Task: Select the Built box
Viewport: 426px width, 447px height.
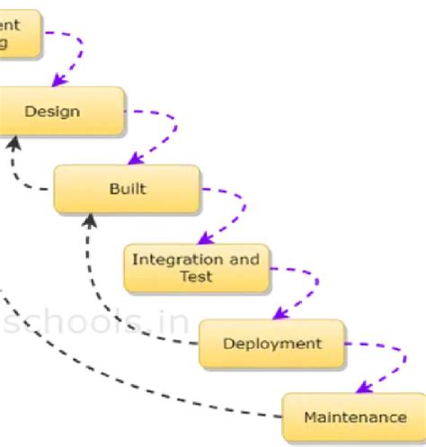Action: [x=127, y=189]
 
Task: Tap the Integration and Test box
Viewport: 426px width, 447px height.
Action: [x=196, y=268]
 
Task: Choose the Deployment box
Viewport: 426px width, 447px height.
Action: [x=271, y=343]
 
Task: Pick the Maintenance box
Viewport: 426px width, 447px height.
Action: [x=354, y=416]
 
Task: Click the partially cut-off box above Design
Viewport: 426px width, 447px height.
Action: [x=18, y=33]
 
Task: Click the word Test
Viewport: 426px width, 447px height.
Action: [x=196, y=276]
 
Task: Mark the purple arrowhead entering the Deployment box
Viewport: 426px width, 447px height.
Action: [x=279, y=314]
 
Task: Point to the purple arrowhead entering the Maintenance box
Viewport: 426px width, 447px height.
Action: [x=360, y=388]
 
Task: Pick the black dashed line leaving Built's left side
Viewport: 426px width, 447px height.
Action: [x=36, y=189]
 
